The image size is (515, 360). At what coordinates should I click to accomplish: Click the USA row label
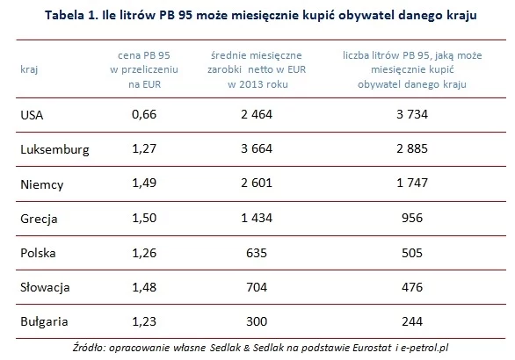[32, 115]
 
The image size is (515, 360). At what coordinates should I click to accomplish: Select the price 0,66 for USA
[144, 114]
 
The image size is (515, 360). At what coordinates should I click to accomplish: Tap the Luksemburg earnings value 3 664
[257, 148]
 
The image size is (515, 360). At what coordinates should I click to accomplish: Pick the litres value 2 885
[412, 148]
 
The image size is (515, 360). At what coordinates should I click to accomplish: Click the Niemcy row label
[41, 184]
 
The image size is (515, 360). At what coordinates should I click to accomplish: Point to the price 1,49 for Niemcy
[144, 184]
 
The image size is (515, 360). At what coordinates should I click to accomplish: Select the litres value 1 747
[412, 183]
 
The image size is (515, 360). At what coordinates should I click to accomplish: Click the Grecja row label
[39, 219]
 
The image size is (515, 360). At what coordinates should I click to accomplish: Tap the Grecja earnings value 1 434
[257, 218]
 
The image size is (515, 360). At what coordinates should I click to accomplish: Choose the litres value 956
[412, 218]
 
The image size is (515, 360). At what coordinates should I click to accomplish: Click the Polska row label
[38, 253]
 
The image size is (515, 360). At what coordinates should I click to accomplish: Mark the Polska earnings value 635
[257, 253]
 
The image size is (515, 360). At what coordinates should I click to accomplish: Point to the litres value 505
[412, 253]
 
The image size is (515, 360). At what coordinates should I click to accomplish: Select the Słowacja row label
[45, 287]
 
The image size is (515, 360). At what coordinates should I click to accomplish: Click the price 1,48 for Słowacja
[144, 287]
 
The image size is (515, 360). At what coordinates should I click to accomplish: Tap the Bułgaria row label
[44, 321]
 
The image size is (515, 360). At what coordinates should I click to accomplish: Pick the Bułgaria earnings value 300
[257, 321]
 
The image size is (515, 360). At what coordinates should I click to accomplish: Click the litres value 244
[412, 321]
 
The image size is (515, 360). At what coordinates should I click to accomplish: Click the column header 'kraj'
[29, 69]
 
